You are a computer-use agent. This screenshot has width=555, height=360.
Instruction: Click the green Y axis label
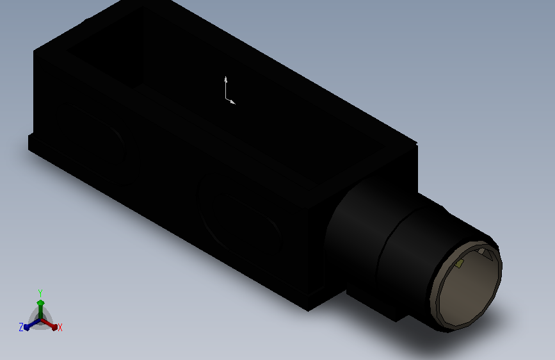pos(40,293)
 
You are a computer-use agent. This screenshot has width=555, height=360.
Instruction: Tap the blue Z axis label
pos(21,327)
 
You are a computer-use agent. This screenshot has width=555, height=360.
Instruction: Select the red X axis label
pos(60,327)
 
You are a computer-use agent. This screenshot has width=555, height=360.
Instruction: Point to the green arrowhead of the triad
pos(40,303)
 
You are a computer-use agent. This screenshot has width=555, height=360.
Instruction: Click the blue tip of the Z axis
pos(27,327)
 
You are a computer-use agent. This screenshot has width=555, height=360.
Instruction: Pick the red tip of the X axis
pos(54,327)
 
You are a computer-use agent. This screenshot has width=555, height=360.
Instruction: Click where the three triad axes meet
pos(40,320)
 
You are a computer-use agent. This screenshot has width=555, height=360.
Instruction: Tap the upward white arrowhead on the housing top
pos(225,79)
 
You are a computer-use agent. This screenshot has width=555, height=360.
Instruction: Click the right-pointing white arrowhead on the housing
pos(232,102)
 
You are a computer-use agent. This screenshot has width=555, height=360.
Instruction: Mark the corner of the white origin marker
pos(226,99)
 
